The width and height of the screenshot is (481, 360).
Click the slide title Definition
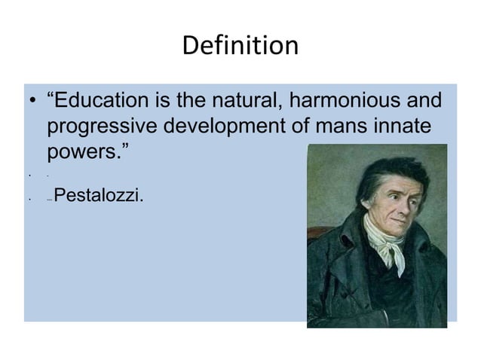point(240,46)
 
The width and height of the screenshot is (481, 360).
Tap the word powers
point(84,151)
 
